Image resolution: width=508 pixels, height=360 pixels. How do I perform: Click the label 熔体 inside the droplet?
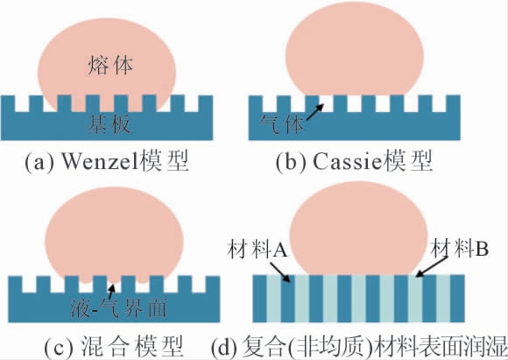pos(110,66)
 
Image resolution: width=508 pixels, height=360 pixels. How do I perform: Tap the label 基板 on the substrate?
pos(109,124)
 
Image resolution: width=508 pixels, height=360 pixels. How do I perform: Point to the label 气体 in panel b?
pos(282,124)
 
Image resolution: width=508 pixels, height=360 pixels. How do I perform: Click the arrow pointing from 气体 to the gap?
pos(314,112)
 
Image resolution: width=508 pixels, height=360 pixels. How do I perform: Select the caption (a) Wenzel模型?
pos(107,161)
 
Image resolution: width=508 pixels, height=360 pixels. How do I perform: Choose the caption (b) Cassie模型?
pos(354,161)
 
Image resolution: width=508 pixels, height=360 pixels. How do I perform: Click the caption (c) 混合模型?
pos(113,346)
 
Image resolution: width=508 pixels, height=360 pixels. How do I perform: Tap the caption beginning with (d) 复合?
pos(359,346)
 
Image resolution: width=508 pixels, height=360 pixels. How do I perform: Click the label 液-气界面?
pos(118,307)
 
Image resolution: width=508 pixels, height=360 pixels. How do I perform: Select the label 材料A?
pos(258,250)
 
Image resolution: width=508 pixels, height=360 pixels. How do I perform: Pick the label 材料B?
pos(461,249)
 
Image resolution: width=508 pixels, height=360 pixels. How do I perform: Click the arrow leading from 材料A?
pos(280,272)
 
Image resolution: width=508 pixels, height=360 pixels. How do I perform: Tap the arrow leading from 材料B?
pos(432,266)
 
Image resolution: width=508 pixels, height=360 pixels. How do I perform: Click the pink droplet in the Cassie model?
pos(354,48)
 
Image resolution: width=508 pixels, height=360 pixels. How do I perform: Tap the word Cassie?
pos(348,161)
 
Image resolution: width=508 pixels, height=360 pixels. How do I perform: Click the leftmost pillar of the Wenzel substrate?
pos(8,103)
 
